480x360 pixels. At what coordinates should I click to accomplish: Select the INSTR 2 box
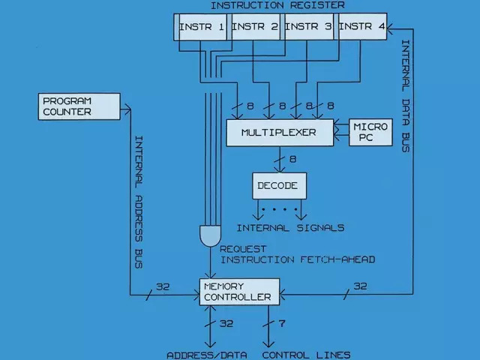(256, 29)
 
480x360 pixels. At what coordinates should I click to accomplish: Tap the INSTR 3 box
(309, 29)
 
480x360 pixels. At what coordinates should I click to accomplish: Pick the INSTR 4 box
(362, 29)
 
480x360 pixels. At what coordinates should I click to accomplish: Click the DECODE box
(277, 185)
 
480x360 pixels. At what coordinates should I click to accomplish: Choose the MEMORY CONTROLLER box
(239, 292)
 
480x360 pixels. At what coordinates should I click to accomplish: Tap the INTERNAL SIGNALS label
(280, 228)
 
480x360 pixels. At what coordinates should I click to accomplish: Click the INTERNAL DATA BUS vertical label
(405, 97)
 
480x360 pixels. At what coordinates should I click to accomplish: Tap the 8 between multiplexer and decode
(292, 158)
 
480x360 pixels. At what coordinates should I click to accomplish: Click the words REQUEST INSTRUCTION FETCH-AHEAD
(297, 254)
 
